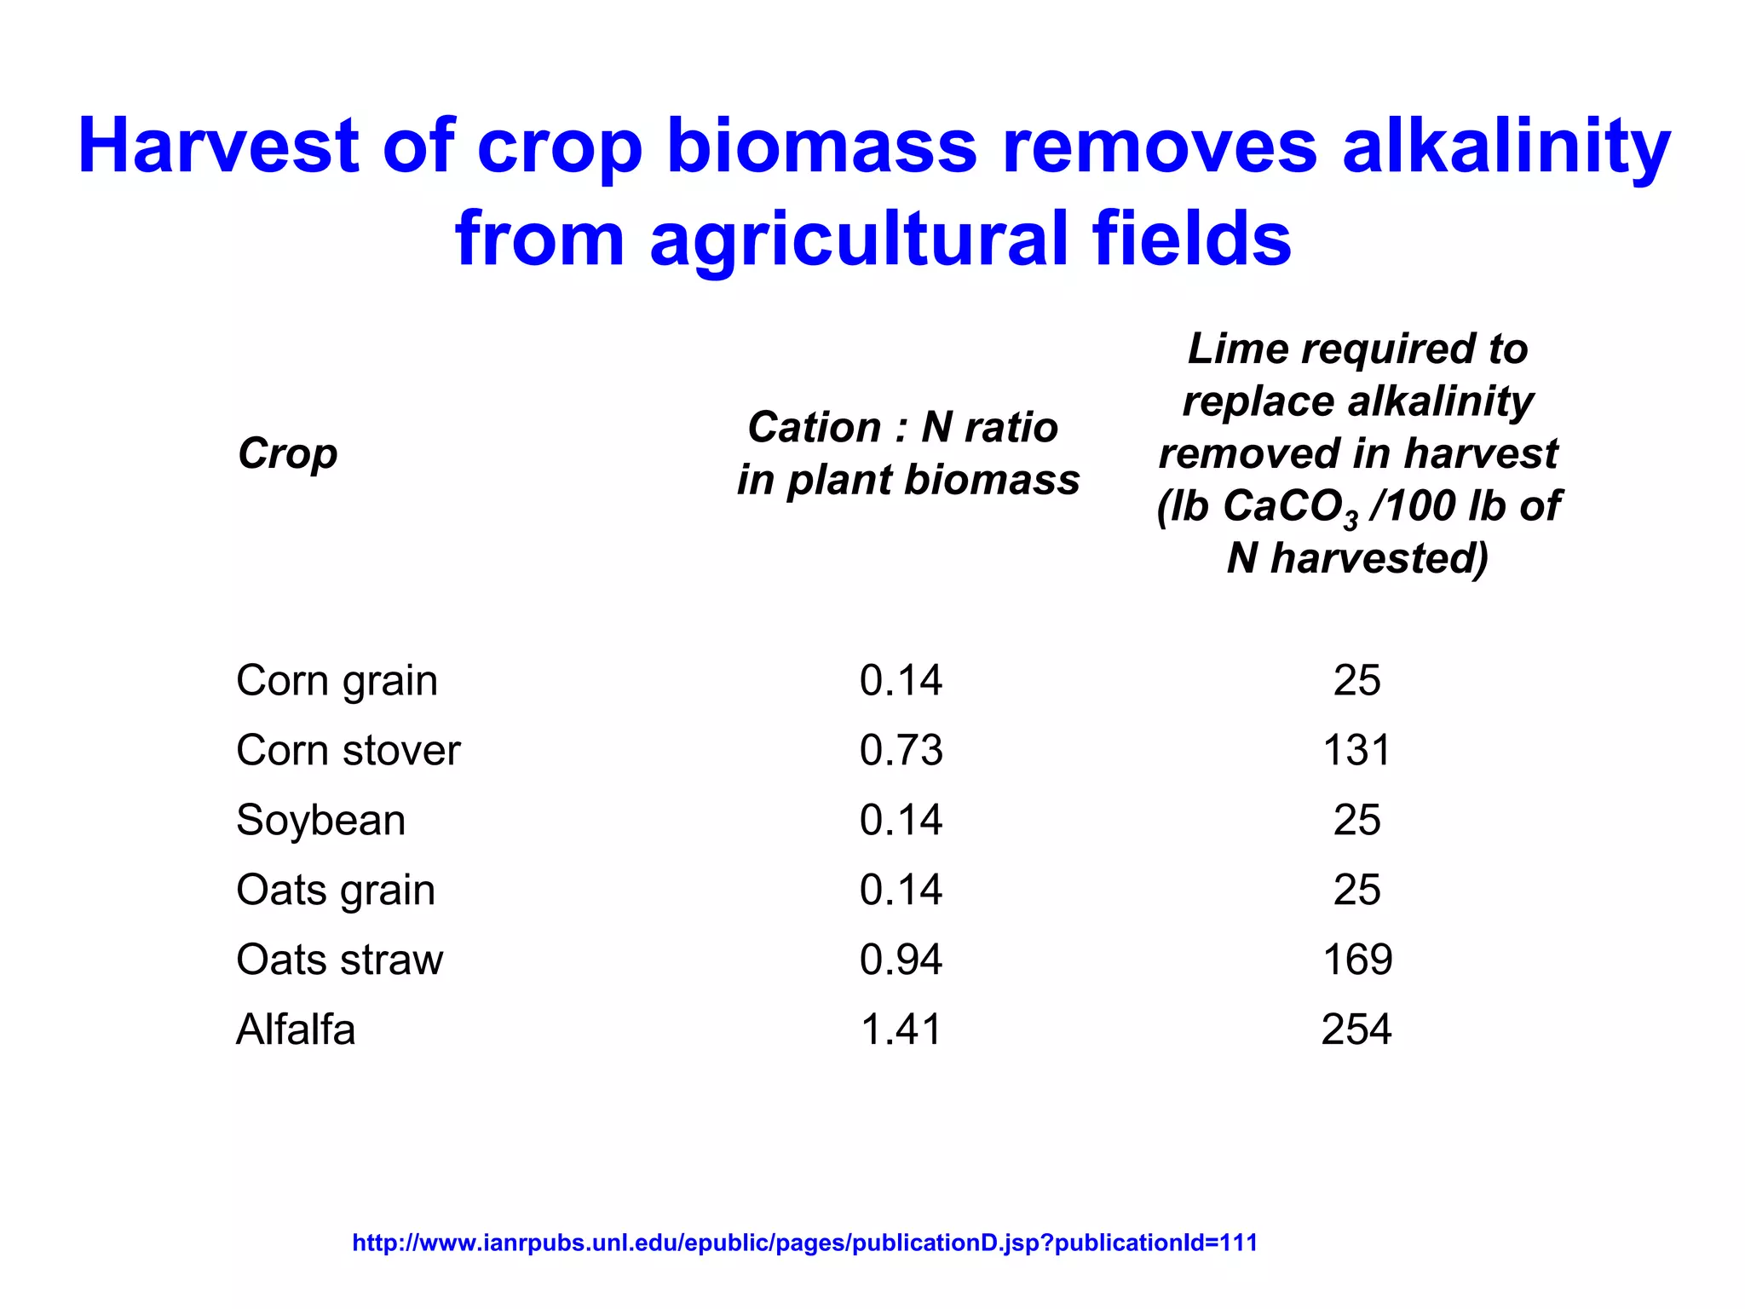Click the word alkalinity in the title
coord(1506,147)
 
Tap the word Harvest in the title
coord(218,147)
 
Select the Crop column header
coord(287,453)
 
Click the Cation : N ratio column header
coord(907,453)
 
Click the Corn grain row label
coord(337,681)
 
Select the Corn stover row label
coord(348,751)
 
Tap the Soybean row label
coord(320,821)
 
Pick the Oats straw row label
coord(339,960)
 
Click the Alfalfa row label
coord(295,1029)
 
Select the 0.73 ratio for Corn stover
coord(901,751)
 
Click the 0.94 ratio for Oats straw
coord(901,960)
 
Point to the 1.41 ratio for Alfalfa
coord(901,1029)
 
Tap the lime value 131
coord(1356,751)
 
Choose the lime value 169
coord(1356,960)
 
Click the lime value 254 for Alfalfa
coord(1356,1029)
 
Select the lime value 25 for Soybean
coord(1356,821)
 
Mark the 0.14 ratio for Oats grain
coord(901,891)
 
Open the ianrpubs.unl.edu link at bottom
coord(804,1243)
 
